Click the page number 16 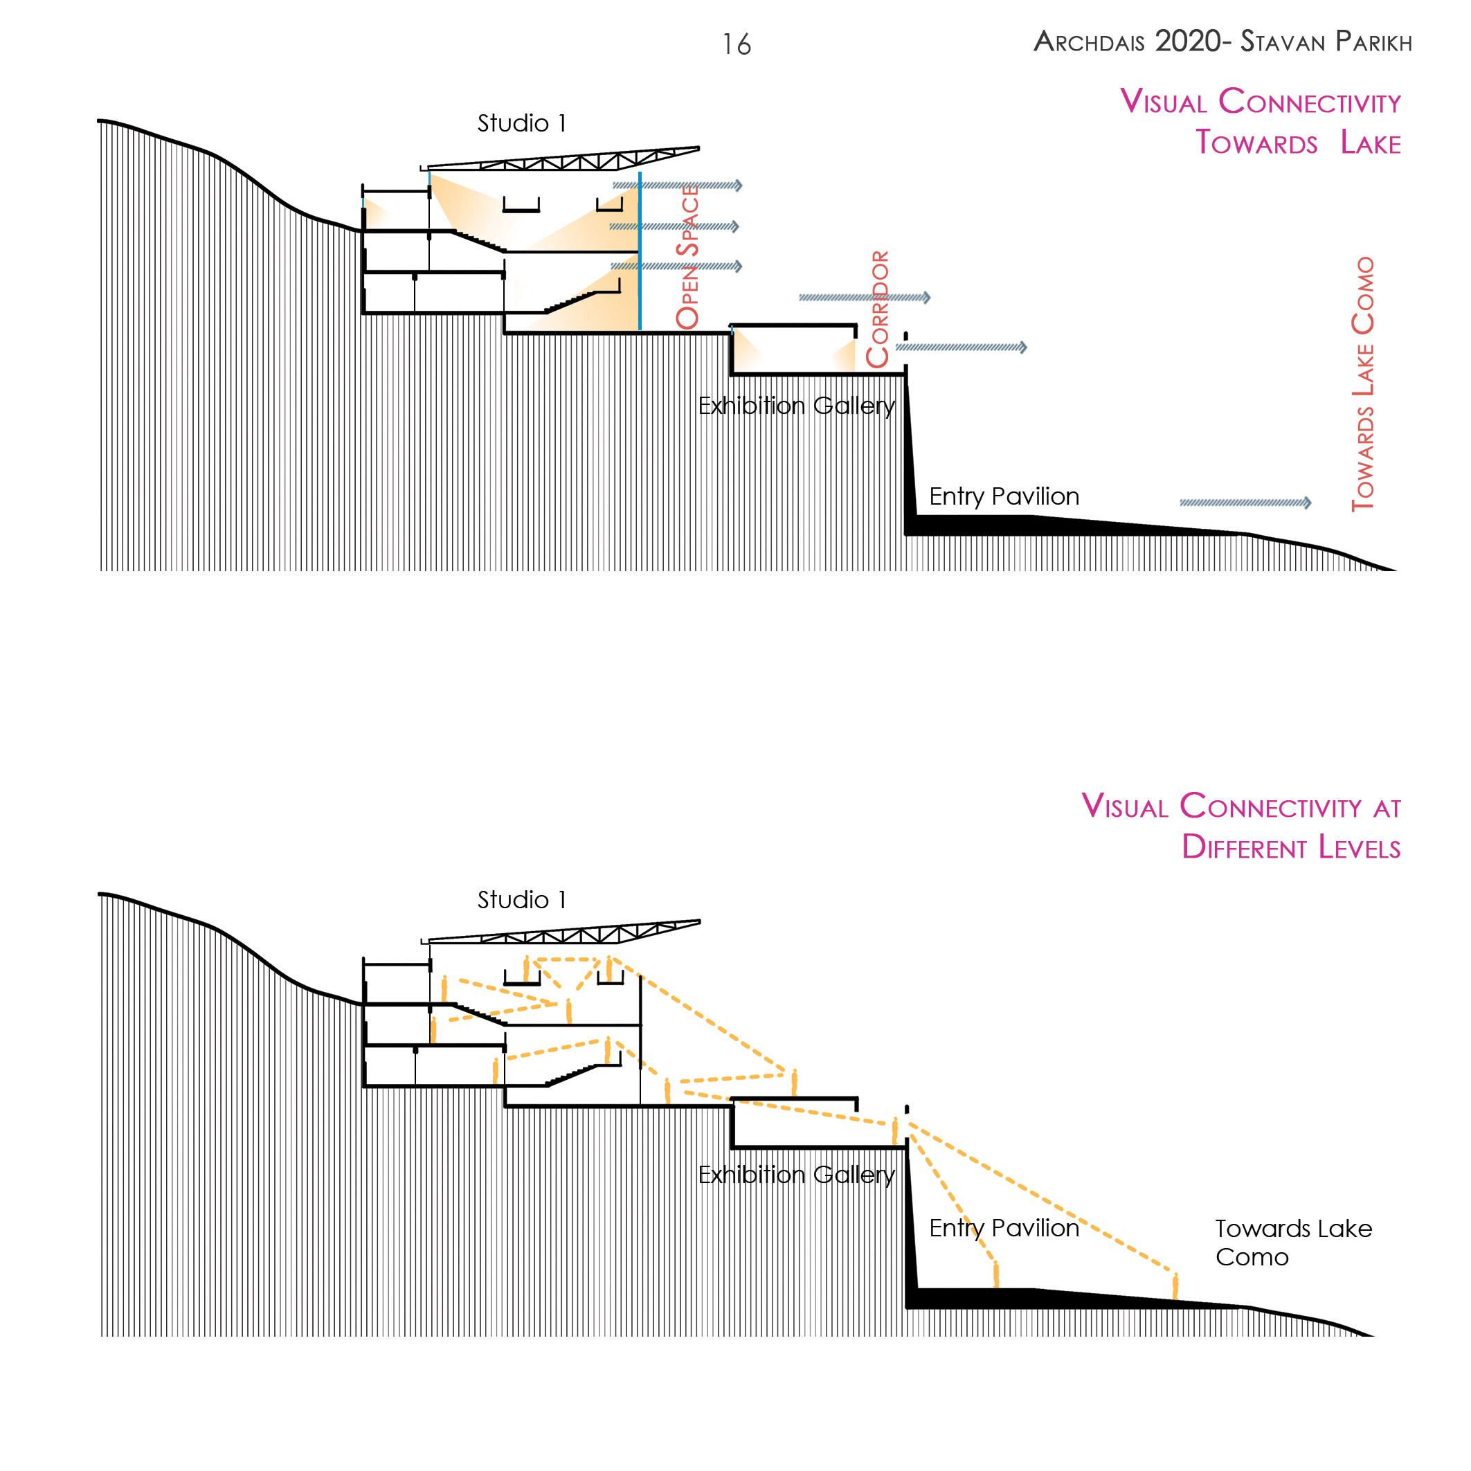click(737, 45)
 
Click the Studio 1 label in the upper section click(521, 123)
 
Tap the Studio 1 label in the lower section click(521, 900)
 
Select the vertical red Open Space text click(687, 257)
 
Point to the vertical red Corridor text click(878, 308)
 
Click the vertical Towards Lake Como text click(1363, 383)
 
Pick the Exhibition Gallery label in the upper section click(796, 406)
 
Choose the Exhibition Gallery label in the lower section click(796, 1175)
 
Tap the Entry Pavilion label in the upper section click(1004, 496)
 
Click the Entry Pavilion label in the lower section click(1004, 1227)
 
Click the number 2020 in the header click(1188, 41)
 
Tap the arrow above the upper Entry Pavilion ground click(1245, 503)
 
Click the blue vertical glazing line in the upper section click(640, 251)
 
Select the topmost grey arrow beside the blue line click(677, 185)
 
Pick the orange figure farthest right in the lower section click(1175, 1286)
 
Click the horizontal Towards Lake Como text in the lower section click(1292, 1242)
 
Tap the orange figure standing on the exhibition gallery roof click(794, 1081)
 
